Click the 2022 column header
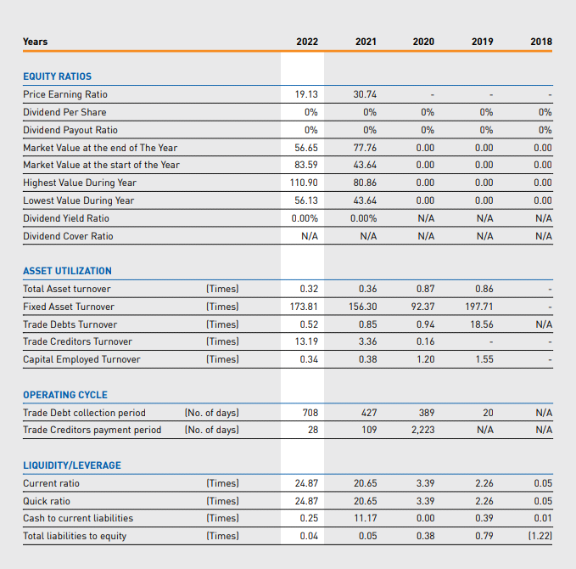tap(307, 42)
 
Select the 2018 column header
tap(541, 42)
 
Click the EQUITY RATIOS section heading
tap(58, 76)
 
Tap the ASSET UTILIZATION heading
tap(67, 271)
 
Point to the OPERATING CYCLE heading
tap(65, 395)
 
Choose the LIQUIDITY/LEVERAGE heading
tap(72, 465)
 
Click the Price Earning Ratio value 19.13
tap(306, 94)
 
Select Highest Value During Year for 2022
tap(304, 183)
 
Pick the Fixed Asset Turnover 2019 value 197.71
tap(479, 307)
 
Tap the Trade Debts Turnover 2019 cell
tap(482, 324)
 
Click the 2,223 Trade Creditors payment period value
tap(422, 430)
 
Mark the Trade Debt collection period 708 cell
tap(310, 413)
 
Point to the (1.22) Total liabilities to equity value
tap(540, 536)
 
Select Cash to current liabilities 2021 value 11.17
tap(366, 518)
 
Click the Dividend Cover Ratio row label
tap(68, 236)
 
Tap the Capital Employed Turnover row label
tap(81, 359)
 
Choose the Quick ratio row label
tap(47, 501)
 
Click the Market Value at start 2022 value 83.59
tap(306, 165)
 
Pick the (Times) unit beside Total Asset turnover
tap(222, 289)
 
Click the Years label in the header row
tap(36, 42)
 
